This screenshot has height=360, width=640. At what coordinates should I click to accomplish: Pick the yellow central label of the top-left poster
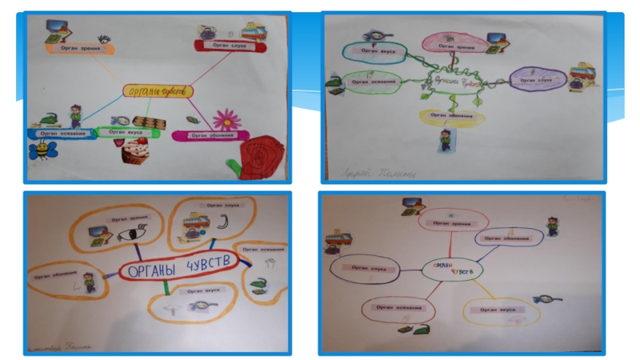(x=158, y=92)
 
